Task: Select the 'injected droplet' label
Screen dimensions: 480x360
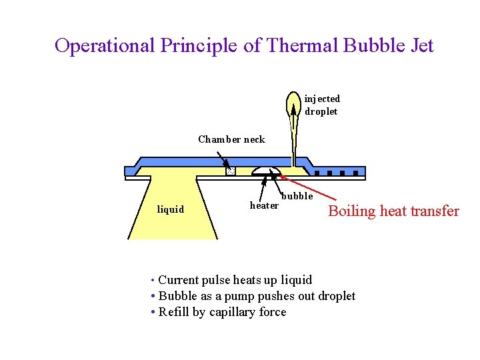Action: pyautogui.click(x=322, y=105)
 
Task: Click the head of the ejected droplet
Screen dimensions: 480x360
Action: pyautogui.click(x=293, y=101)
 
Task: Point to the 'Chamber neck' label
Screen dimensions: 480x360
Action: pyautogui.click(x=231, y=139)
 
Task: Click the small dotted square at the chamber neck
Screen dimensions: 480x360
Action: pyautogui.click(x=231, y=171)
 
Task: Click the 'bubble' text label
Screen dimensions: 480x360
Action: pyautogui.click(x=297, y=196)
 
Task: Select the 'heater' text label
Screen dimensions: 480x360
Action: pyautogui.click(x=264, y=205)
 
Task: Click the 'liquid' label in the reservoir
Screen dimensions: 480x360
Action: pyautogui.click(x=170, y=209)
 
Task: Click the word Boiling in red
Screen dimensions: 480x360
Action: pyautogui.click(x=351, y=211)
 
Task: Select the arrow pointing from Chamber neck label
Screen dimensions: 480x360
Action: pyautogui.click(x=224, y=159)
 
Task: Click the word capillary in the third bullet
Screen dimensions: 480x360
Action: pyautogui.click(x=233, y=312)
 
